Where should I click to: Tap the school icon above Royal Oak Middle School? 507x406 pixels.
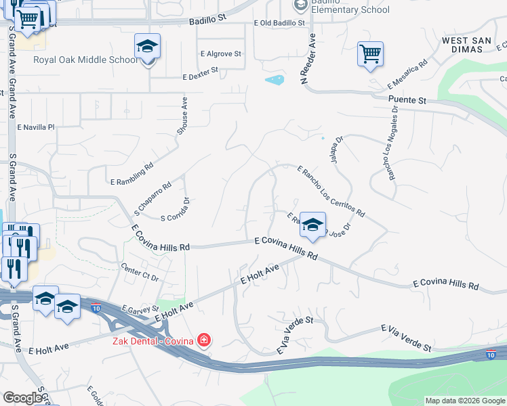pyautogui.click(x=147, y=47)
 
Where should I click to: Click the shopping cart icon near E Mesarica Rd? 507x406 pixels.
pyautogui.click(x=370, y=54)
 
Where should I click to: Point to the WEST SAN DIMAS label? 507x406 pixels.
pyautogui.click(x=466, y=45)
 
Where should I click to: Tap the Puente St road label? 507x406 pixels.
pyautogui.click(x=407, y=99)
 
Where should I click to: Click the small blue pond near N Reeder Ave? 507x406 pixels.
pyautogui.click(x=275, y=81)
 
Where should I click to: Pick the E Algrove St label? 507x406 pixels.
pyautogui.click(x=221, y=53)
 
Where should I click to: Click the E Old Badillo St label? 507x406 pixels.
pyautogui.click(x=279, y=23)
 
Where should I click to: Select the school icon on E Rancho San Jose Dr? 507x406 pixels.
pyautogui.click(x=312, y=226)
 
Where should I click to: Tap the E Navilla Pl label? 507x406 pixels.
pyautogui.click(x=35, y=127)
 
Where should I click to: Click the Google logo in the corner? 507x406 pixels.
pyautogui.click(x=22, y=398)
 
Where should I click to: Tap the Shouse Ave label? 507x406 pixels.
pyautogui.click(x=184, y=115)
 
